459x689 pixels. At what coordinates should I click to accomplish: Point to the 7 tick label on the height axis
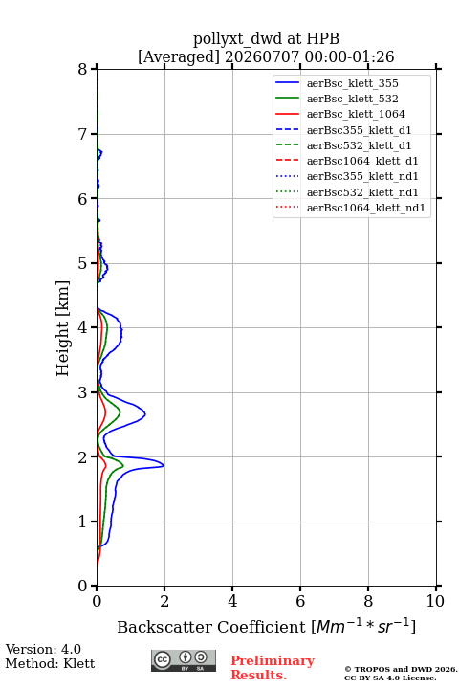[x=82, y=134]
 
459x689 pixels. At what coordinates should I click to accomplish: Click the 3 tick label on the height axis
[x=82, y=392]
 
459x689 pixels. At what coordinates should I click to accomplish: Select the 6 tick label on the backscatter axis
[x=300, y=601]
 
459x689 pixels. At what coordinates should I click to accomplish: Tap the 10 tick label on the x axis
[x=435, y=601]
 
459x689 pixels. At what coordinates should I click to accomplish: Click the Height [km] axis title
[x=63, y=328]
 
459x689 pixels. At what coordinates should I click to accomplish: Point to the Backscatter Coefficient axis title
[x=266, y=627]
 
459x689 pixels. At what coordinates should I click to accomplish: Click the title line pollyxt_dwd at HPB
[x=266, y=38]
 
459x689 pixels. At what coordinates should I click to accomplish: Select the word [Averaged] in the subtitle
[x=179, y=56]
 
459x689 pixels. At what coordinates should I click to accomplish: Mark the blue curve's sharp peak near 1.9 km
[x=164, y=465]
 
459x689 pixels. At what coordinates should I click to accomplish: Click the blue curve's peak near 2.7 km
[x=145, y=414]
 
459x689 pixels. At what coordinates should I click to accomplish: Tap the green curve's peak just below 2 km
[x=123, y=466]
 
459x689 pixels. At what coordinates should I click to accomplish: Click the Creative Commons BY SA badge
[x=184, y=661]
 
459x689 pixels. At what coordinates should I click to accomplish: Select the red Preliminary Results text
[x=273, y=668]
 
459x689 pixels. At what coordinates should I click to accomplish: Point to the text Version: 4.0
[x=43, y=649]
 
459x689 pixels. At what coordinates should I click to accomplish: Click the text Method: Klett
[x=50, y=663]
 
